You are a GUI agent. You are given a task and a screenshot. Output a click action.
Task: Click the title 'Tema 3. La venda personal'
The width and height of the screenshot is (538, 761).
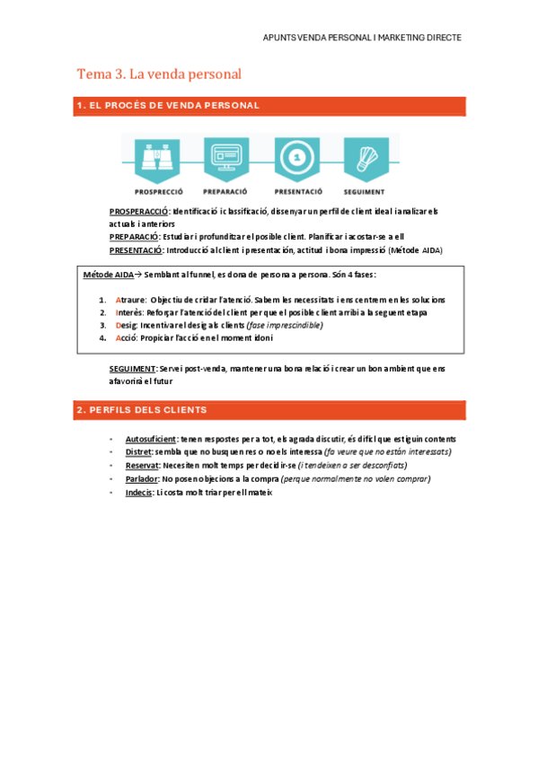[159, 74]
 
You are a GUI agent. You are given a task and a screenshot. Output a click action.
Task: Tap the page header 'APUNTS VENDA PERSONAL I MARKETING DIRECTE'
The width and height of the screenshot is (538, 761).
[363, 39]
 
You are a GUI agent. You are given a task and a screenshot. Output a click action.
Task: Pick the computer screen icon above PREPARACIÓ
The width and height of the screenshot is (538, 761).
[225, 160]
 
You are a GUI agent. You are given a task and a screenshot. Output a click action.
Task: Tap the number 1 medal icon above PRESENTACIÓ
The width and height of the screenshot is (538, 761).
[295, 160]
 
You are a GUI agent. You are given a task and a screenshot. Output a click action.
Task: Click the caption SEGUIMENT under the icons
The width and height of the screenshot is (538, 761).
[364, 191]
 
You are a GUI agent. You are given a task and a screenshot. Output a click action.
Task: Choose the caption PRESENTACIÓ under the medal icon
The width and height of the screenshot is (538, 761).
[298, 191]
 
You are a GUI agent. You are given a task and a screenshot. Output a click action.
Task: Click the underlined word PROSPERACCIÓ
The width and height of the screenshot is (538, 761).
[139, 211]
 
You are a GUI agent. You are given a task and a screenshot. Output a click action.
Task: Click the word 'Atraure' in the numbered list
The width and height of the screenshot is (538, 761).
[130, 300]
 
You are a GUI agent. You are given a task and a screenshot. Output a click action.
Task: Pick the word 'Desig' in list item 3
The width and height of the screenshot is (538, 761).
[126, 325]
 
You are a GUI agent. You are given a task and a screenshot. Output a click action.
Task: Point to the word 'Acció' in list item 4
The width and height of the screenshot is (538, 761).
[126, 337]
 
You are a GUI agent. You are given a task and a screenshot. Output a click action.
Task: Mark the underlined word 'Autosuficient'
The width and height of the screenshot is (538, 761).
[151, 439]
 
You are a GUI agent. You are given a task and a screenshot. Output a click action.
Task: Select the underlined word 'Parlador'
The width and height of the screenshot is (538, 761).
[142, 479]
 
